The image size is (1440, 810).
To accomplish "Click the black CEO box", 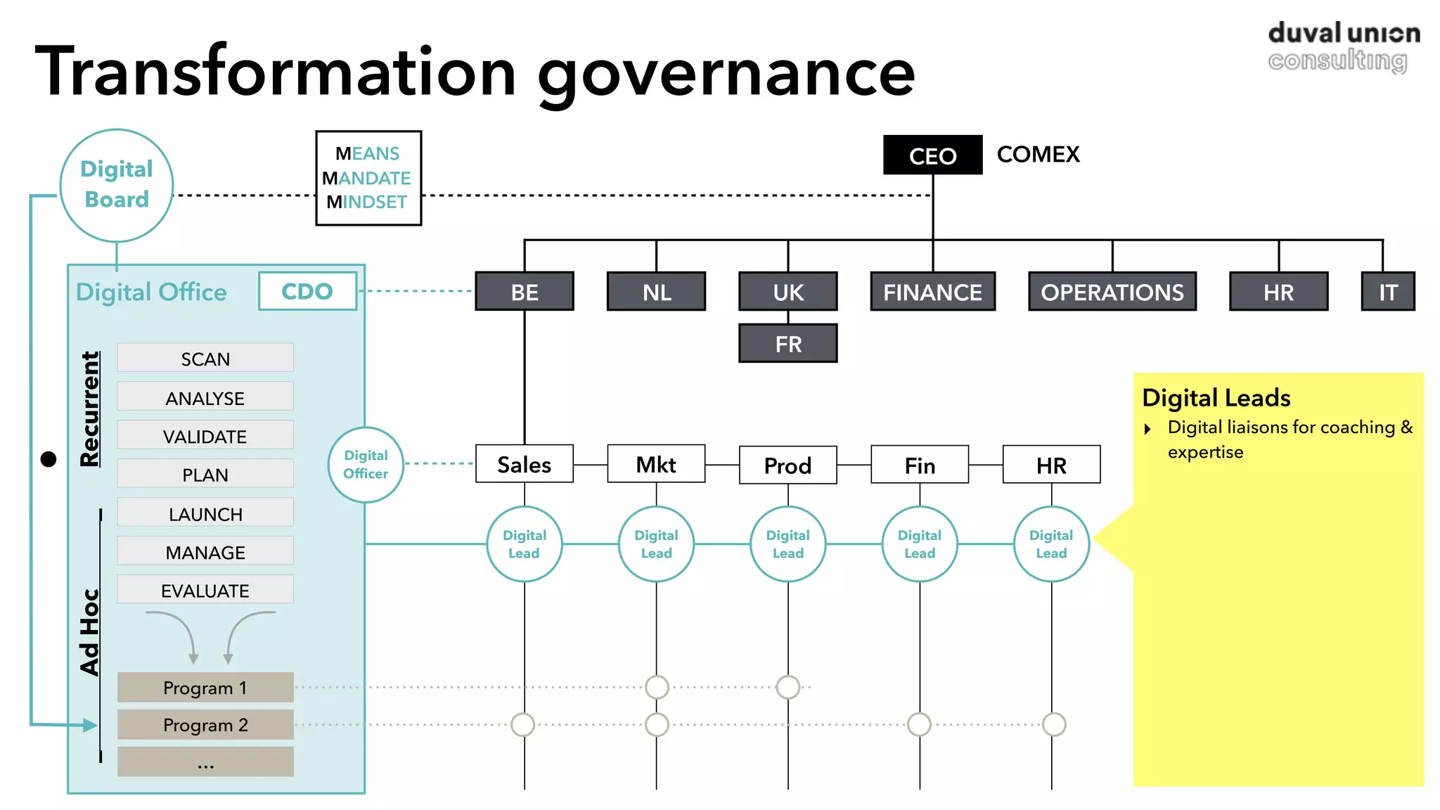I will tap(932, 155).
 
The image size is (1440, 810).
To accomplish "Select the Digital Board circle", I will tap(117, 185).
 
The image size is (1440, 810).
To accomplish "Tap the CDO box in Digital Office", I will tap(307, 291).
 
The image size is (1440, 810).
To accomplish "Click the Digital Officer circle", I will tap(366, 464).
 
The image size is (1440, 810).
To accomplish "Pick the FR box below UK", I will tap(788, 344).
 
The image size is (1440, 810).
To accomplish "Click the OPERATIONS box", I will tap(1112, 292).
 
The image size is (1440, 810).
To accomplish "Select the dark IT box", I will tap(1387, 292).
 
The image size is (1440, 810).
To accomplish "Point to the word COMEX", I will tap(1038, 155).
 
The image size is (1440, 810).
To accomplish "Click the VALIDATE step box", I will tap(205, 436).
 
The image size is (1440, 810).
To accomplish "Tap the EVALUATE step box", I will tap(205, 590).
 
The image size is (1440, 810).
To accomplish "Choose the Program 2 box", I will tap(205, 724).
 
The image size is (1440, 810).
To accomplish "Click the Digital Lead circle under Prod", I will tap(788, 544).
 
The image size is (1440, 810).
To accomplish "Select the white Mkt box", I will tap(656, 464).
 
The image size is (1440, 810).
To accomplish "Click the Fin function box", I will tap(920, 465).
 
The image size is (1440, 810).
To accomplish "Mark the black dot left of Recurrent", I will tap(49, 459).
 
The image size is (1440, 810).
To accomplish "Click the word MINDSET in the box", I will tap(367, 202).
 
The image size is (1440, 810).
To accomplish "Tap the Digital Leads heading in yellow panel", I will tap(1216, 398).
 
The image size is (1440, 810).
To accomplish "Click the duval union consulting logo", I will tap(1343, 46).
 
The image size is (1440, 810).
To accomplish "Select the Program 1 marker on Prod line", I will tap(788, 687).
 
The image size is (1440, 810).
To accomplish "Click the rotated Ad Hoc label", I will tap(90, 631).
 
